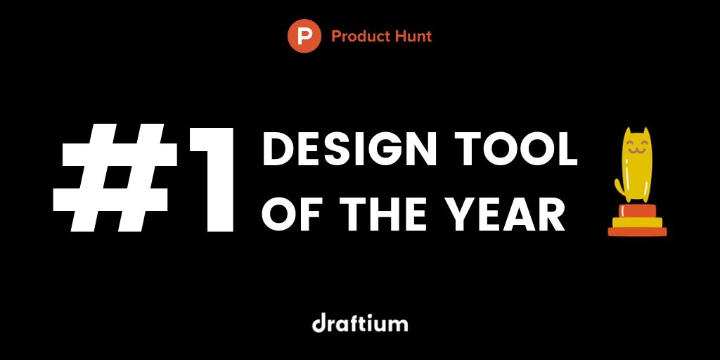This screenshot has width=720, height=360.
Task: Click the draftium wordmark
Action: [360, 324]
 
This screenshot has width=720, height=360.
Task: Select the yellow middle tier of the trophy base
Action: [637, 222]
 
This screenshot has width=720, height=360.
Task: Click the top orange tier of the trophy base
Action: [637, 212]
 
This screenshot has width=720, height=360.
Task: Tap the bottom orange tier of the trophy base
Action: [637, 231]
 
